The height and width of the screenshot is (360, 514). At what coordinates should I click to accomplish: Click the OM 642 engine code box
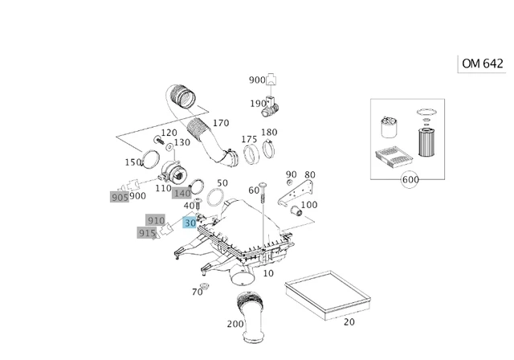483,63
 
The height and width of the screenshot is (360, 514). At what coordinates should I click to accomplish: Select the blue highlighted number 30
190,223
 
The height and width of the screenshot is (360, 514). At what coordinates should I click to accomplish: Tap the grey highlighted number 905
120,196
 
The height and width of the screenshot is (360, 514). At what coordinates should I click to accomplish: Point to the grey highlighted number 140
182,193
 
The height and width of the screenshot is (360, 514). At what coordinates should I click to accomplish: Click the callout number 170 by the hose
220,123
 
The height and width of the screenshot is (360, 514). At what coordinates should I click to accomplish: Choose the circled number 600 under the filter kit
410,180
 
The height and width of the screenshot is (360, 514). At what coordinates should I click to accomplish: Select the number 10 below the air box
268,273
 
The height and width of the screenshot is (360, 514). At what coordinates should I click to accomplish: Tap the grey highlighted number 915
146,233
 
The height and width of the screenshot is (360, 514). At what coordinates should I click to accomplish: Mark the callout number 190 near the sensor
258,104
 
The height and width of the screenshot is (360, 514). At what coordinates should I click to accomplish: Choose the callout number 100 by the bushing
308,205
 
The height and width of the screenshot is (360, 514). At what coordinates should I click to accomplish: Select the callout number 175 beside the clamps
249,140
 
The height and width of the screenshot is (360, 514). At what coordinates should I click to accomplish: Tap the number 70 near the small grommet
197,292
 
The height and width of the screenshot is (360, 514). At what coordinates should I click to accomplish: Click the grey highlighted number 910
155,220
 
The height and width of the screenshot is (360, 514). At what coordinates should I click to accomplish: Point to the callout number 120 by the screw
169,133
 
